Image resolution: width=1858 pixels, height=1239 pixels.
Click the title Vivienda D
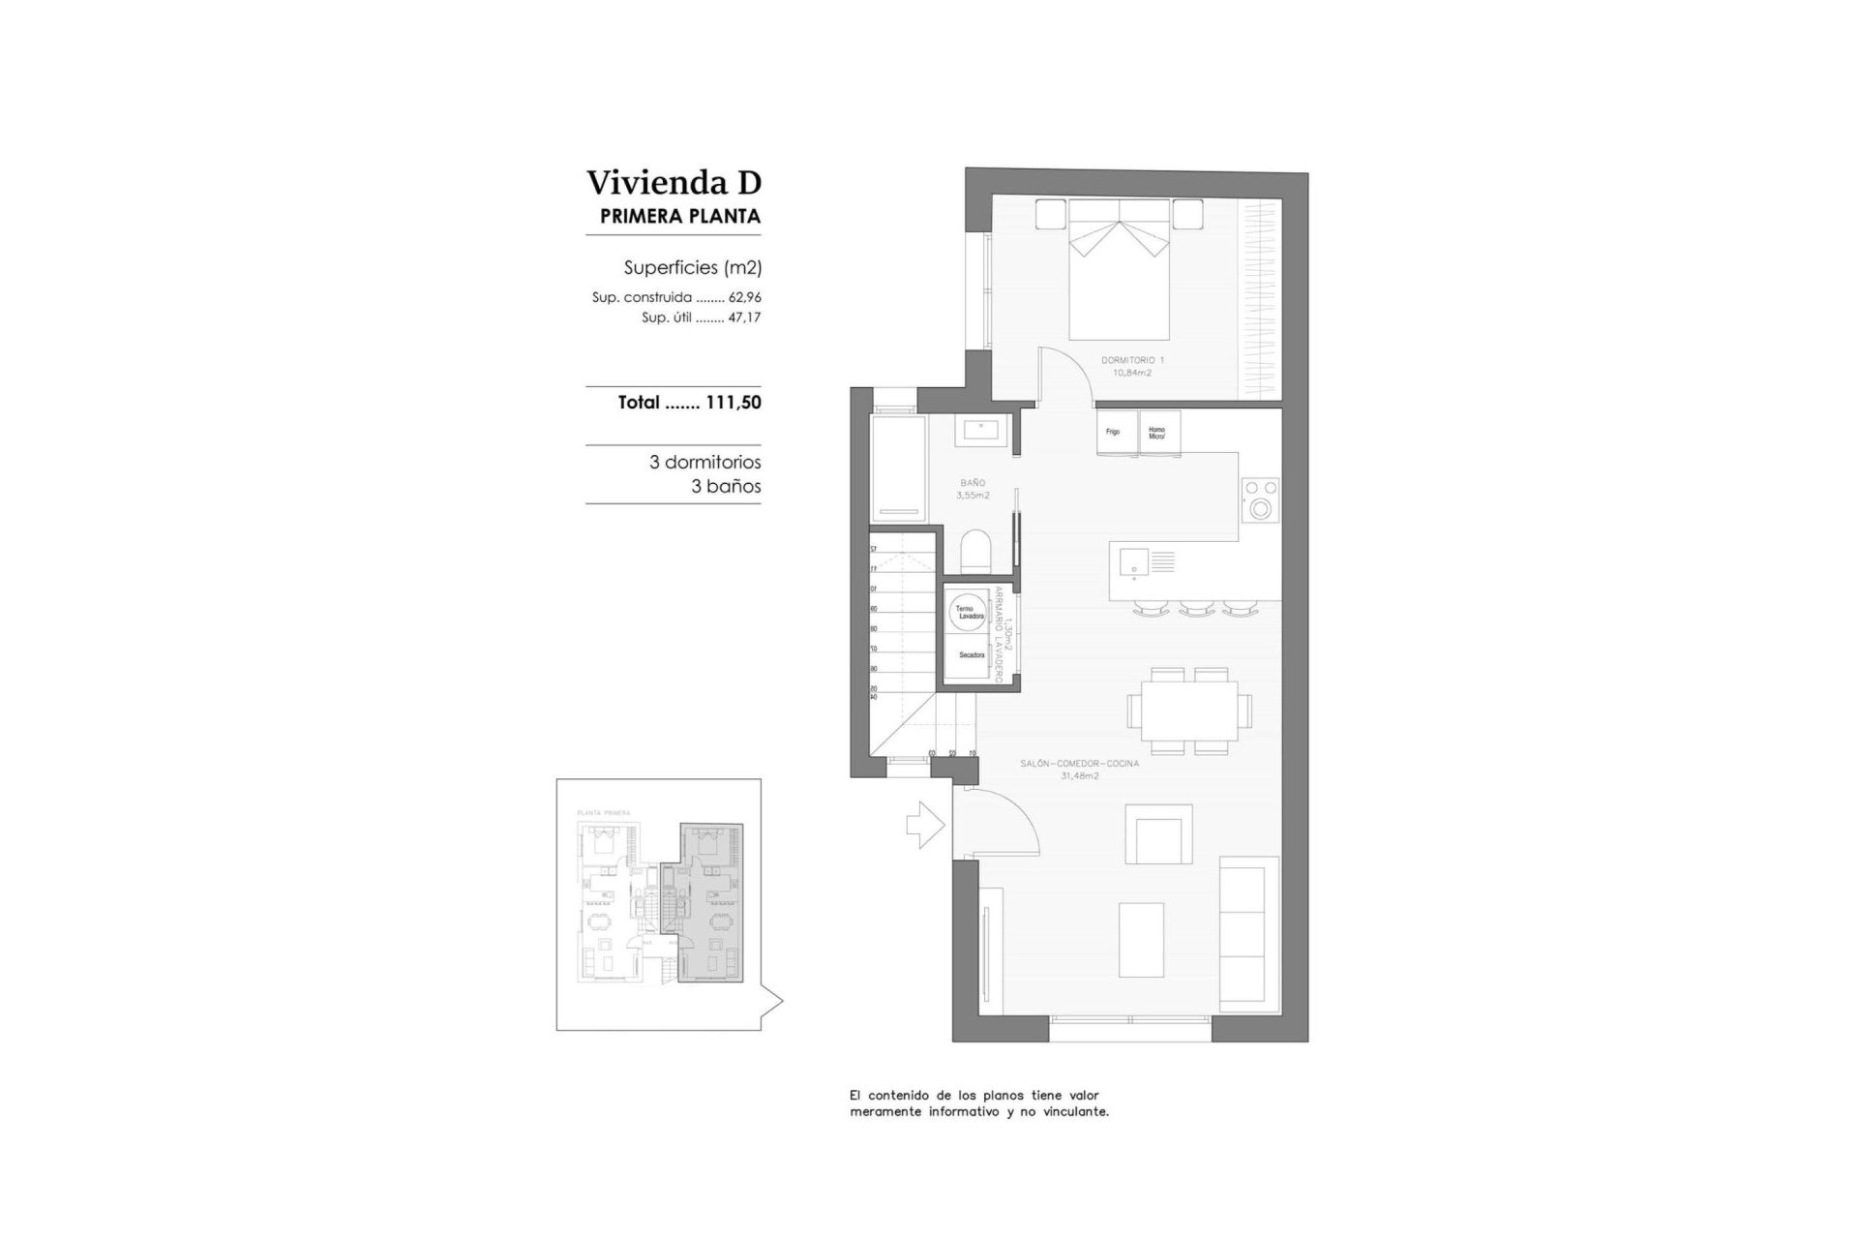point(674,182)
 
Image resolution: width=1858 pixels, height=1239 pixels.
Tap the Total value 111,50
point(734,403)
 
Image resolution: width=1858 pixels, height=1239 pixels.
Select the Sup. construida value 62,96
point(744,298)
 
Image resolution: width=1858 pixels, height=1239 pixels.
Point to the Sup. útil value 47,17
point(744,317)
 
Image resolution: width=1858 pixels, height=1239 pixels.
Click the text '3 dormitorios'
point(704,463)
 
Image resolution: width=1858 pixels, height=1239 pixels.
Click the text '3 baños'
point(726,487)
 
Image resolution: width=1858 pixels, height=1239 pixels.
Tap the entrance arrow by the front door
point(924,824)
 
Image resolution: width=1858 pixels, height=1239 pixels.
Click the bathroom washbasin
point(984,430)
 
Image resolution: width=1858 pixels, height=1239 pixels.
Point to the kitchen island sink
point(1132,561)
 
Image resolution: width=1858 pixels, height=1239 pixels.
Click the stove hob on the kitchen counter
point(1261,499)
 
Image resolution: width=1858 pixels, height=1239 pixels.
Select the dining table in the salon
point(1188,710)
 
